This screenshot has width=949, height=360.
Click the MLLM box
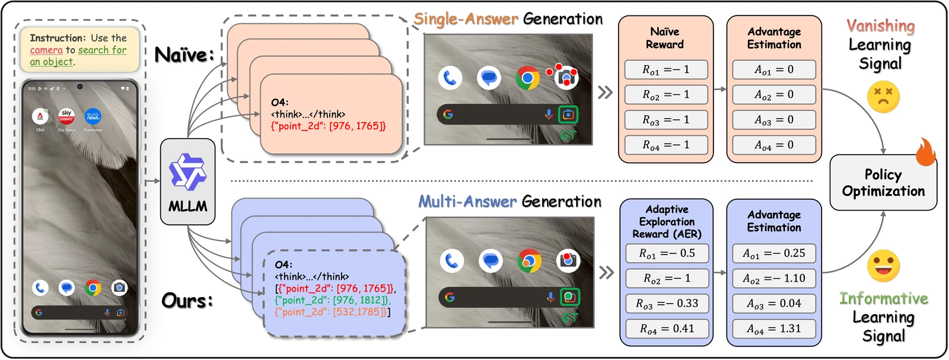click(x=188, y=181)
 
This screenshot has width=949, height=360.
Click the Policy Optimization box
click(x=883, y=183)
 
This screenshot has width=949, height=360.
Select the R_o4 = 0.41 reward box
click(x=667, y=329)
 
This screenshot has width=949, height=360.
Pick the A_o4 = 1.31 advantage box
click(x=773, y=329)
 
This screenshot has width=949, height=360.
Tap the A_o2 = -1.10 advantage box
click(x=773, y=278)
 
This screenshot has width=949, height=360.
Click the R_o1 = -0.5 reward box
click(x=667, y=253)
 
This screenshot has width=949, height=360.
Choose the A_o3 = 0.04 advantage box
click(x=773, y=304)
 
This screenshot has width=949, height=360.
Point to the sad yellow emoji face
click(x=883, y=97)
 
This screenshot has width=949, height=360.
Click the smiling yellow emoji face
click(x=883, y=266)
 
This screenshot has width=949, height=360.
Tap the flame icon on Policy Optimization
click(x=925, y=152)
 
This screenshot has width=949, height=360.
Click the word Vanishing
click(x=880, y=26)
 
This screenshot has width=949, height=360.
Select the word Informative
click(x=883, y=298)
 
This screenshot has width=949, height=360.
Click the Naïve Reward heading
click(x=665, y=38)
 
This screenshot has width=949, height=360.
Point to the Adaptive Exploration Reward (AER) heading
click(x=667, y=221)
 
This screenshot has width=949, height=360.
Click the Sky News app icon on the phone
click(x=66, y=116)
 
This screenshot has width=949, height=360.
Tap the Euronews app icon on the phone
click(x=93, y=116)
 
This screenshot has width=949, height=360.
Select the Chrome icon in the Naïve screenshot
click(x=527, y=78)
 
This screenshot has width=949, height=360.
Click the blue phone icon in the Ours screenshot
click(x=452, y=261)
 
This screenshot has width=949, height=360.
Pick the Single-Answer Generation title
click(x=508, y=19)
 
